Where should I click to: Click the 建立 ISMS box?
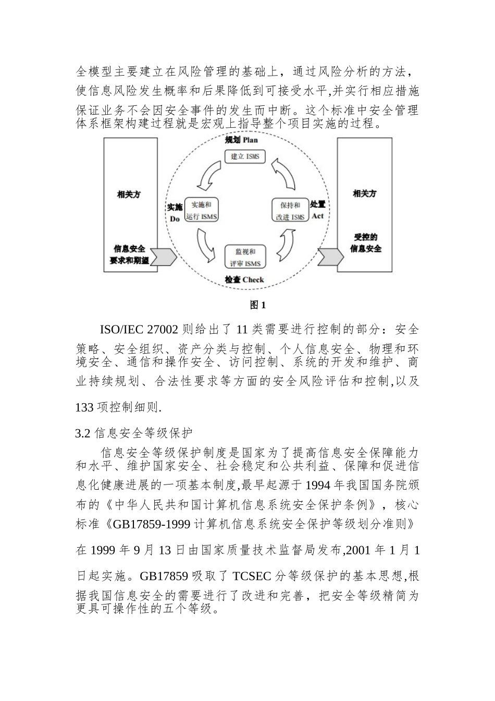[244, 156]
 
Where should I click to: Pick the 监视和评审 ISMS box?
[245, 257]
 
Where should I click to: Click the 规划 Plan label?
[241, 140]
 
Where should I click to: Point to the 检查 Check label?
[244, 280]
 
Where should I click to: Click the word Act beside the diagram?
[318, 216]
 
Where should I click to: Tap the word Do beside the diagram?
[175, 219]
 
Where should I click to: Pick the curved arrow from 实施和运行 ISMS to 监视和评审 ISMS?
[206, 245]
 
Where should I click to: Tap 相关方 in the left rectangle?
[129, 195]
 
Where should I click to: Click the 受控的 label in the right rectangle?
[365, 237]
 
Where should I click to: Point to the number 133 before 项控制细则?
[84, 407]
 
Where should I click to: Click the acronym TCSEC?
[252, 576]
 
